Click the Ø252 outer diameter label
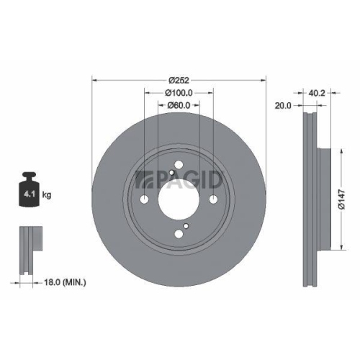(x=179, y=80)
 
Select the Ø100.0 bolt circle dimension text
(x=179, y=93)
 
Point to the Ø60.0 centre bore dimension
(x=179, y=106)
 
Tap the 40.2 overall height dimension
(x=317, y=92)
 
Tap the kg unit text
(x=48, y=194)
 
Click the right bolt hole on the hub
(x=214, y=200)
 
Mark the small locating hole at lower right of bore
(x=186, y=227)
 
